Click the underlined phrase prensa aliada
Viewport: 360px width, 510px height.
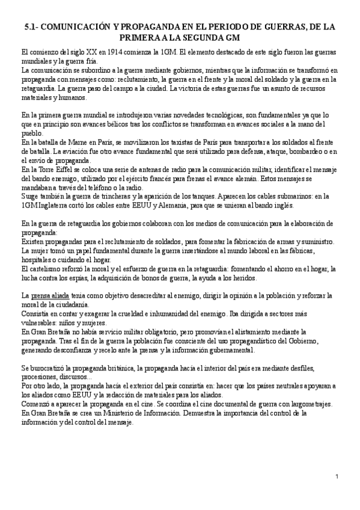pyautogui.click(x=50, y=296)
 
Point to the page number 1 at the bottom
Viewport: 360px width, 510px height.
pyautogui.click(x=338, y=477)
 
